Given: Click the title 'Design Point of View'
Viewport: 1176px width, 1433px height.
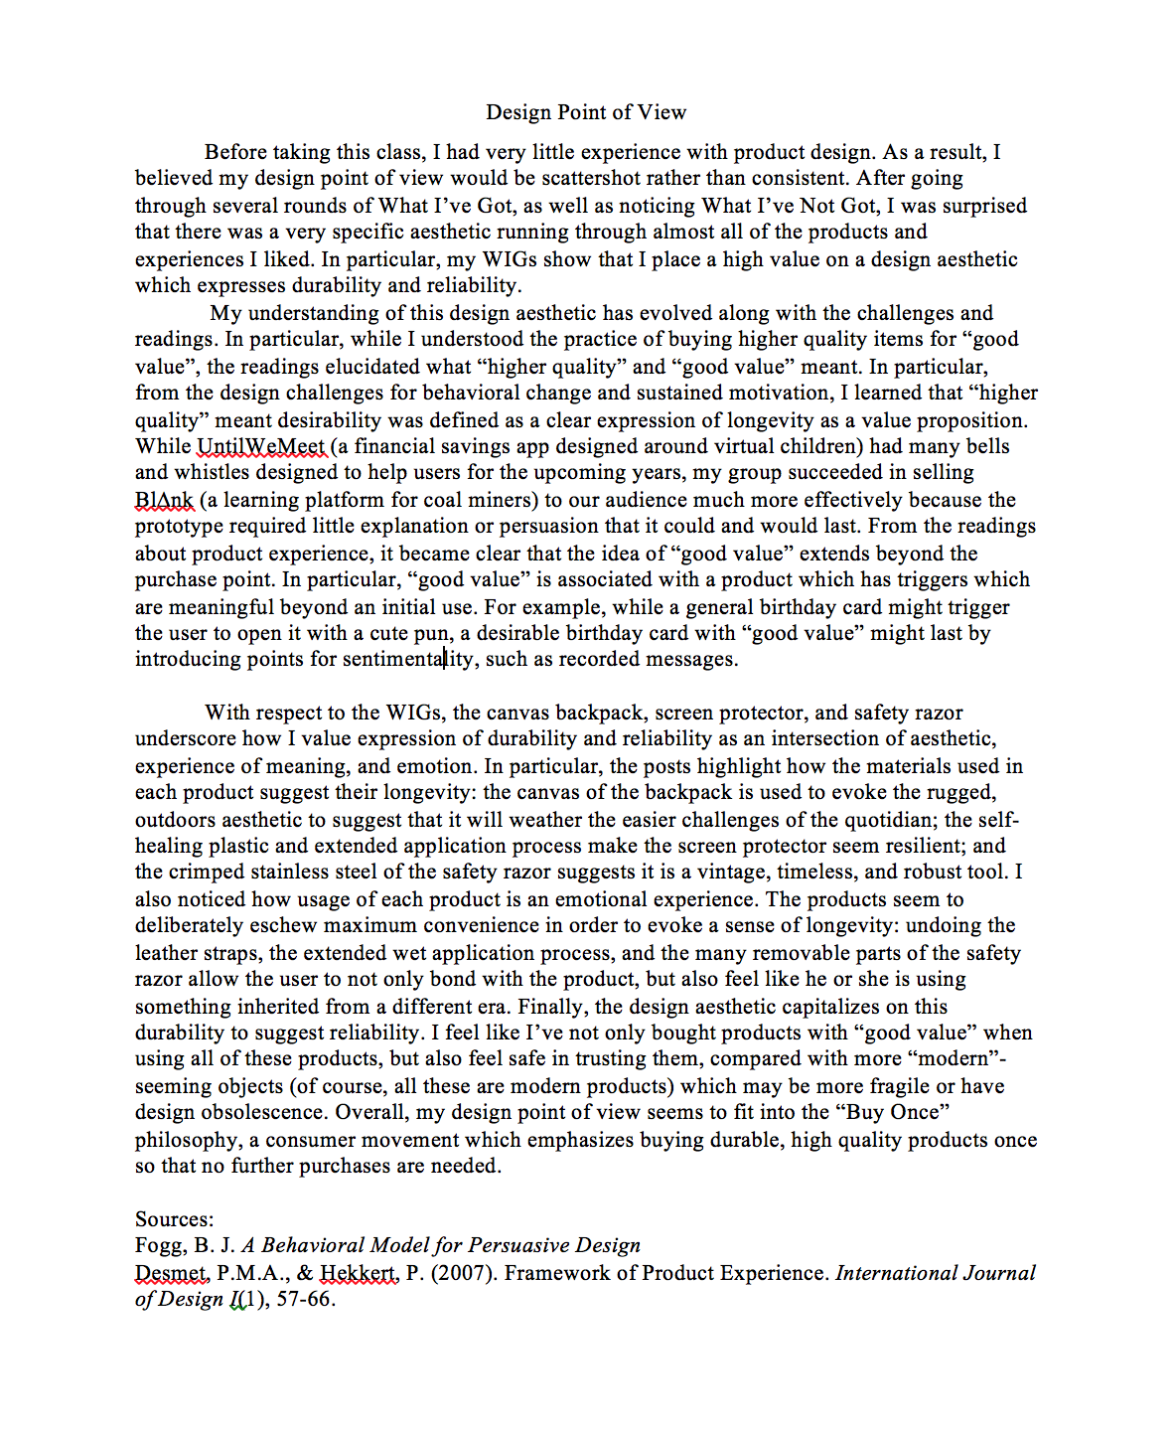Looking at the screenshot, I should (x=586, y=112).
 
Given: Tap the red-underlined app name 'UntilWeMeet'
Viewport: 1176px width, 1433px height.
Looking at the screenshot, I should (x=261, y=446).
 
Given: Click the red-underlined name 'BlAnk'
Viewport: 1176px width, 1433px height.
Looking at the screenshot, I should (x=164, y=500).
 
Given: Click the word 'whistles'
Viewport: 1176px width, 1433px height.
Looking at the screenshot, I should (x=212, y=473).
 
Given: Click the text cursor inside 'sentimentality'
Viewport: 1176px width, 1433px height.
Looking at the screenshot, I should (x=444, y=659).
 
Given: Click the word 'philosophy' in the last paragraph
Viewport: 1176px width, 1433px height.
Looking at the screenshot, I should (x=186, y=1140).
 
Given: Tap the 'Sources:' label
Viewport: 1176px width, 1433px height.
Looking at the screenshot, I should (x=175, y=1219).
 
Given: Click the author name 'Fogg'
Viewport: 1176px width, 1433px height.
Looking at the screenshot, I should (x=159, y=1246).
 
